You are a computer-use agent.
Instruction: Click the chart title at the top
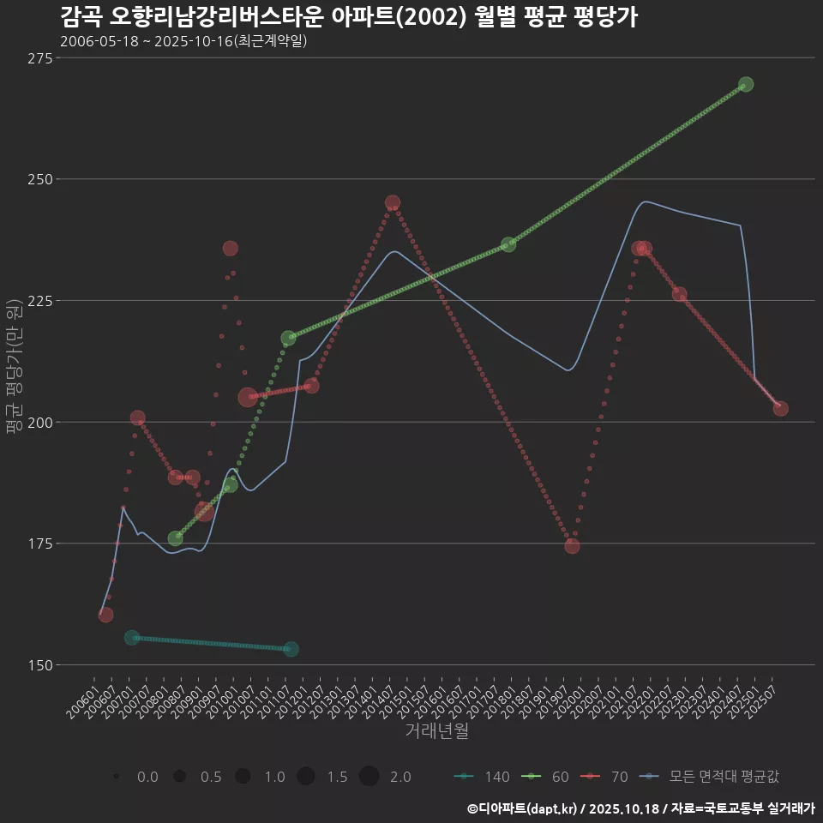click(348, 16)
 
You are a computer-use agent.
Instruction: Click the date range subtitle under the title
click(183, 40)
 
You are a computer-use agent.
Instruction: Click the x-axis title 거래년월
click(436, 731)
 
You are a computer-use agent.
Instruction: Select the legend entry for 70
click(608, 777)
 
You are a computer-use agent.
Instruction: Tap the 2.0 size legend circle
click(369, 777)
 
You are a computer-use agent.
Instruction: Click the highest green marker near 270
click(746, 84)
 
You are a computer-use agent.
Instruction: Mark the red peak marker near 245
click(393, 203)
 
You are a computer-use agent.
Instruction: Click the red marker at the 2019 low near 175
click(572, 546)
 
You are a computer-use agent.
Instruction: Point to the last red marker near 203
click(780, 408)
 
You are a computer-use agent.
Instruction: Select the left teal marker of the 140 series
click(131, 638)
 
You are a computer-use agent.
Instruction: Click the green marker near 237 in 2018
click(508, 244)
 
